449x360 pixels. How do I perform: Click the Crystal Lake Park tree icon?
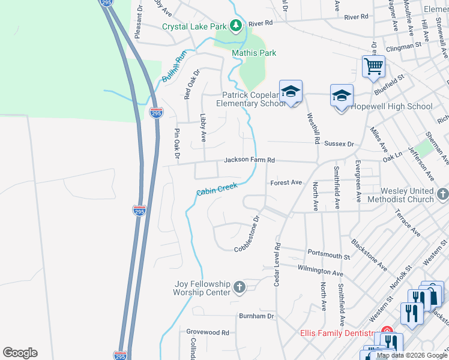(237, 26)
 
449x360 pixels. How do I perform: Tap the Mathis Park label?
(254, 53)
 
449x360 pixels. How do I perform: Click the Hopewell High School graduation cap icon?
(342, 95)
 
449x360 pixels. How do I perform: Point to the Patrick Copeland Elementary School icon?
(291, 91)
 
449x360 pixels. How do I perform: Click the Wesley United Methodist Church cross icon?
(443, 194)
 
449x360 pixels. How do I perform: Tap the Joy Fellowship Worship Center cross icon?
(239, 287)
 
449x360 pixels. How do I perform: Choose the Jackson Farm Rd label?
(249, 160)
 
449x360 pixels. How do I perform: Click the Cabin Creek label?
(217, 190)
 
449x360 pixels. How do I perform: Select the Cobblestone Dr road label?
(246, 235)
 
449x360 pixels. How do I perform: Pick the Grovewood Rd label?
(208, 332)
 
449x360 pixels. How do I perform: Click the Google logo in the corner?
(20, 353)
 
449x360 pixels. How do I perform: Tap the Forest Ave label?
(286, 182)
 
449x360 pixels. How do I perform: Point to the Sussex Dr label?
(339, 144)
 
